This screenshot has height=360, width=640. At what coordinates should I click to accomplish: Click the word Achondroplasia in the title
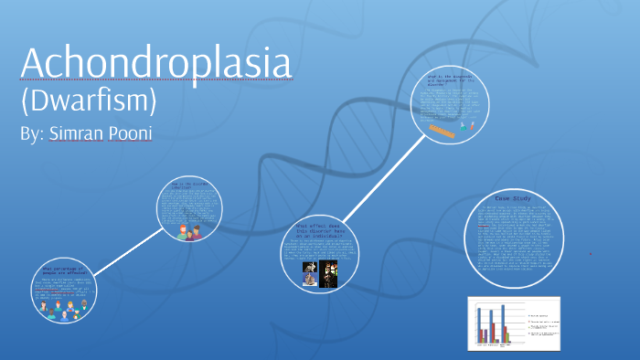click(x=155, y=62)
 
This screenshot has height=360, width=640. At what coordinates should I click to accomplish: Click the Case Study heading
click(x=513, y=197)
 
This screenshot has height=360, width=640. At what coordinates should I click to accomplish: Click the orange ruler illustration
click(x=443, y=132)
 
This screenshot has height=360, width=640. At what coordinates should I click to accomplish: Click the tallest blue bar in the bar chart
click(x=502, y=323)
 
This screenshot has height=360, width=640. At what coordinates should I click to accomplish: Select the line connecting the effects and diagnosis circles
click(x=385, y=182)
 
